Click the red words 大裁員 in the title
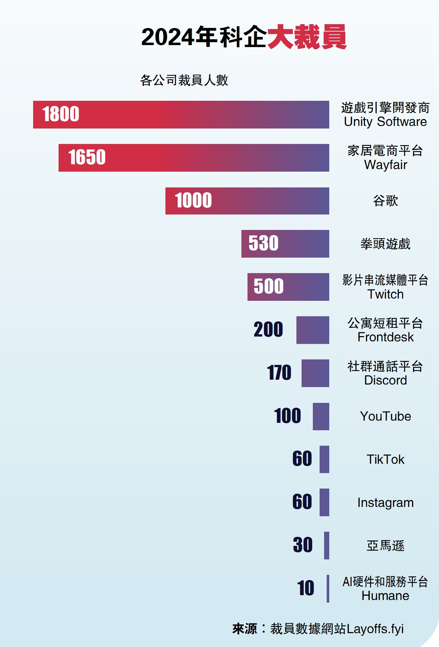(307, 37)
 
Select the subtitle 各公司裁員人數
(184, 80)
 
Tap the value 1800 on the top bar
(61, 114)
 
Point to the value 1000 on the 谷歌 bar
(193, 200)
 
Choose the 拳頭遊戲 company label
(385, 244)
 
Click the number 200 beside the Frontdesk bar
(268, 329)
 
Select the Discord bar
(315, 373)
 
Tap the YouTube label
(385, 416)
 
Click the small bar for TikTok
(324, 459)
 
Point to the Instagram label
(385, 503)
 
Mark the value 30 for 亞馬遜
(303, 545)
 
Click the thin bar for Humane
(328, 588)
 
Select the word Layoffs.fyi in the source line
(375, 629)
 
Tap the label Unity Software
(385, 122)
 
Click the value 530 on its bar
(263, 243)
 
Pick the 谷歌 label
(385, 201)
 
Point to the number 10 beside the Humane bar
(305, 588)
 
